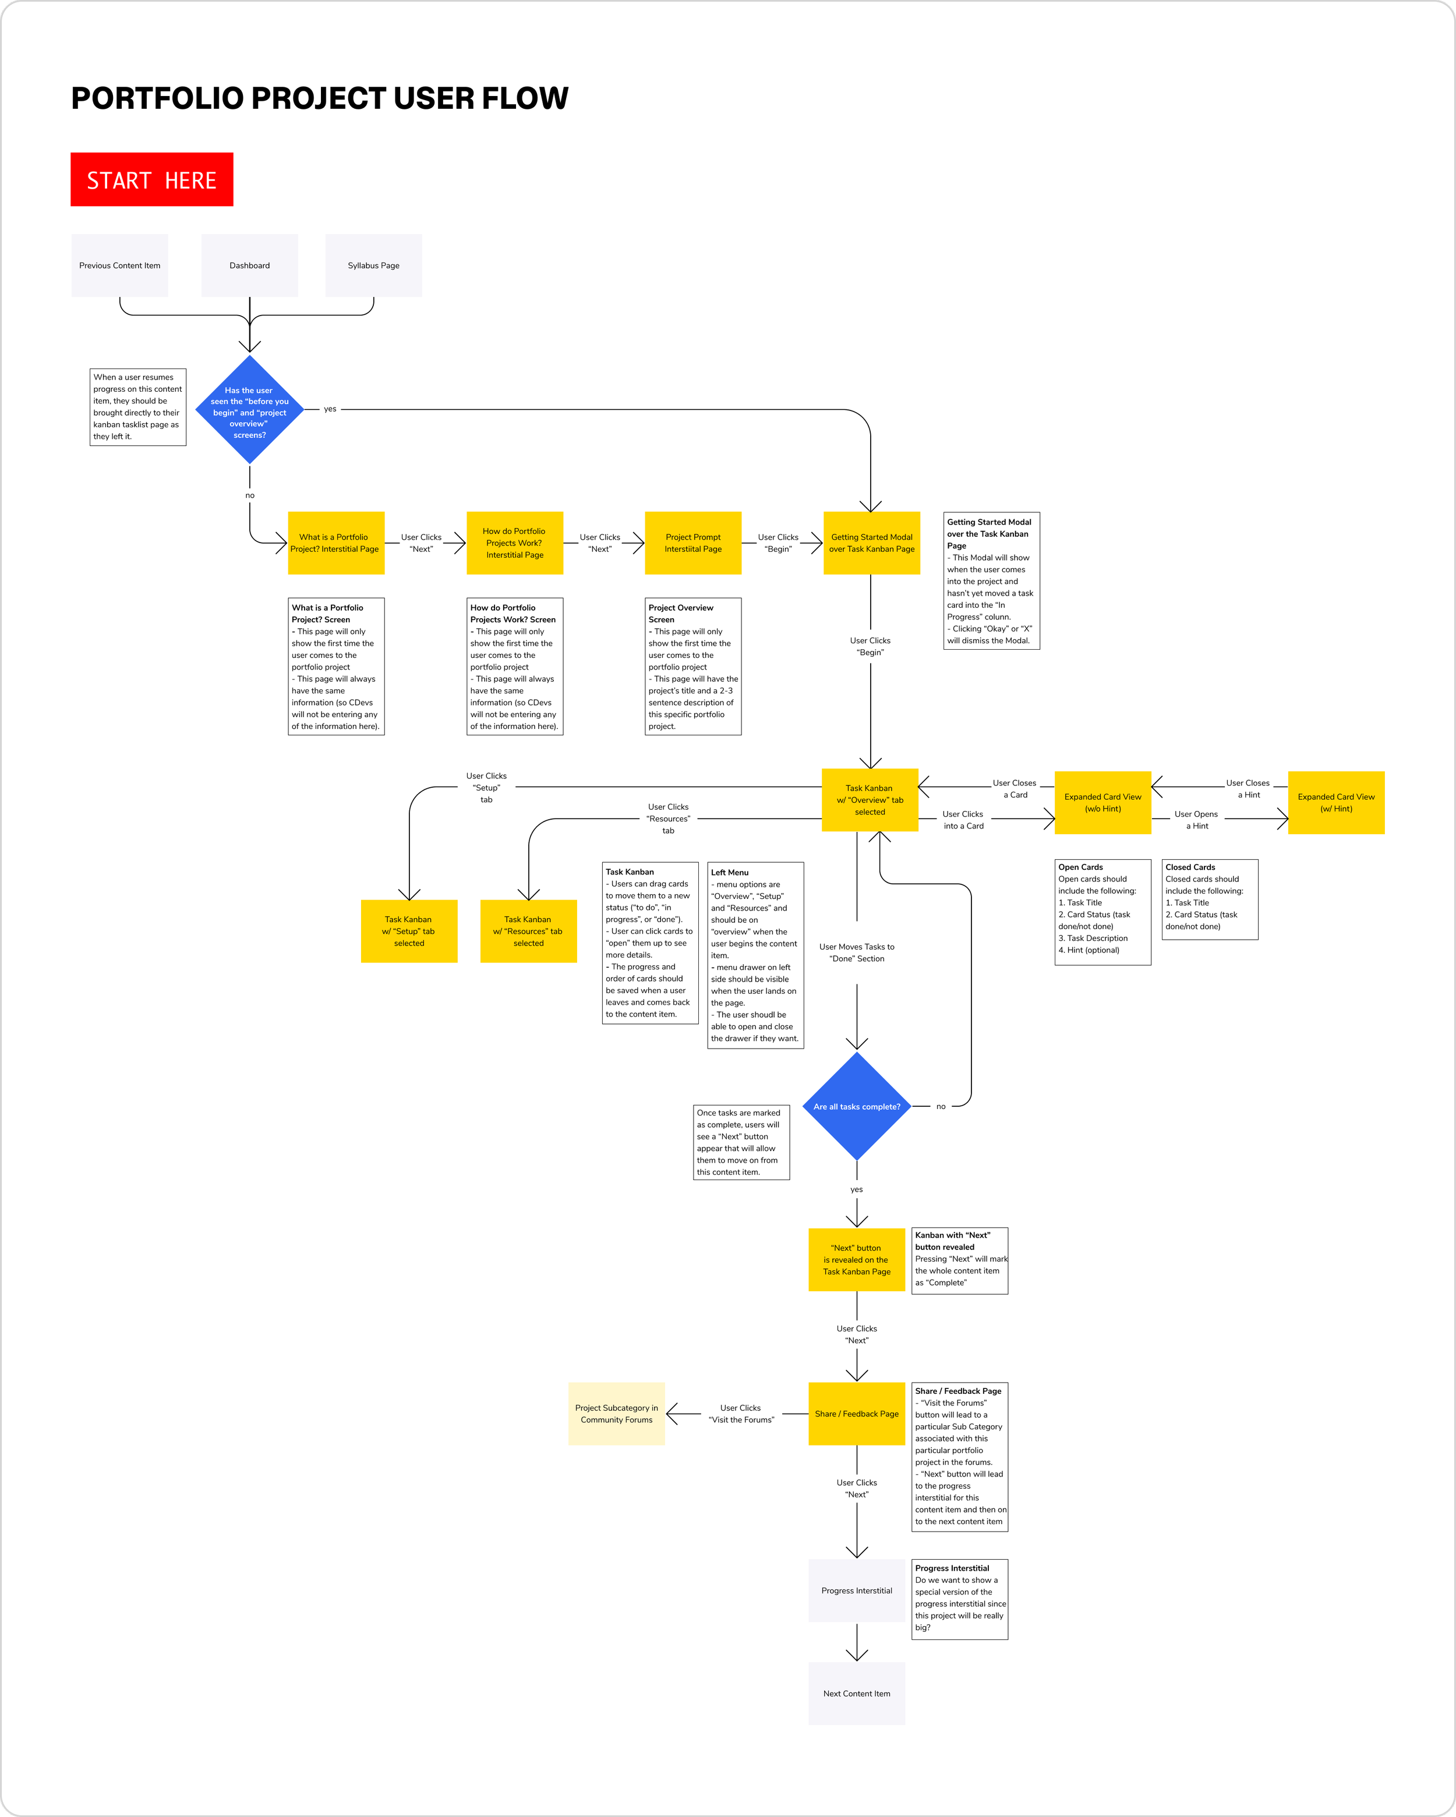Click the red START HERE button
coord(152,179)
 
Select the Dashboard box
coord(249,265)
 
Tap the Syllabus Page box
coord(373,265)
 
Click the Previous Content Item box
coord(120,265)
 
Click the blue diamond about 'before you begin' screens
coord(249,410)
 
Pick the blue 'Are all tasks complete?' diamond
coord(857,1107)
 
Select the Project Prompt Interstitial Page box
coord(693,543)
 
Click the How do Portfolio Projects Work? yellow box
coord(515,543)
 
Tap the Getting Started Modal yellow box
coord(872,543)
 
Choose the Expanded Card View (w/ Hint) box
coord(1336,802)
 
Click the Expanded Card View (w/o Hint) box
coord(1102,802)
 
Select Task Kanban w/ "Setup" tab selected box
coord(409,931)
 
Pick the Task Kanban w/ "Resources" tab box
coord(529,931)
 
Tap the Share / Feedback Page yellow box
coord(857,1414)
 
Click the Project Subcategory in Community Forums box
coord(616,1414)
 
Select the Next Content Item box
coord(857,1693)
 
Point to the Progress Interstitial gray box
coord(857,1591)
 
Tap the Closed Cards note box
coord(1210,899)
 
